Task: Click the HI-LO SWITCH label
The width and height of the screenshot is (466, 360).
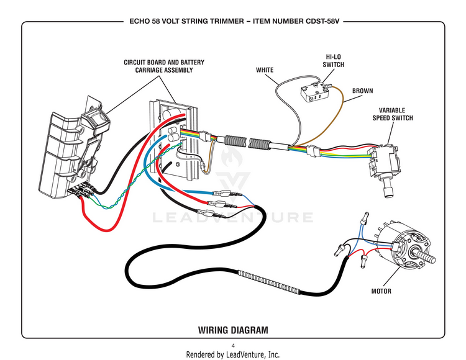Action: pos(333,61)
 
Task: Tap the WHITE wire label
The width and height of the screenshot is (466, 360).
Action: pos(265,70)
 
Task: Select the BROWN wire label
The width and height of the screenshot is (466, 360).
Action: pos(362,91)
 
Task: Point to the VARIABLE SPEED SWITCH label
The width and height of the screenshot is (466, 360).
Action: pos(393,114)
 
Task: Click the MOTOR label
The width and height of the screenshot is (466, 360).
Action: pos(381,291)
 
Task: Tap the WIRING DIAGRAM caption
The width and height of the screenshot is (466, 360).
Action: pos(233,330)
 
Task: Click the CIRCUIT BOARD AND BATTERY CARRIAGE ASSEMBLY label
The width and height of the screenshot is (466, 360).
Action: pos(164,66)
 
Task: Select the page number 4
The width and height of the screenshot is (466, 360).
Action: pos(233,346)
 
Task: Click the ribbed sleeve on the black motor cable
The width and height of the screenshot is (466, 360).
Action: pos(269,281)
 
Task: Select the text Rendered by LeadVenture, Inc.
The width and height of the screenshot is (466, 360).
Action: pos(233,354)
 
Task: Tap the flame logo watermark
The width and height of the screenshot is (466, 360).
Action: pos(232,156)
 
